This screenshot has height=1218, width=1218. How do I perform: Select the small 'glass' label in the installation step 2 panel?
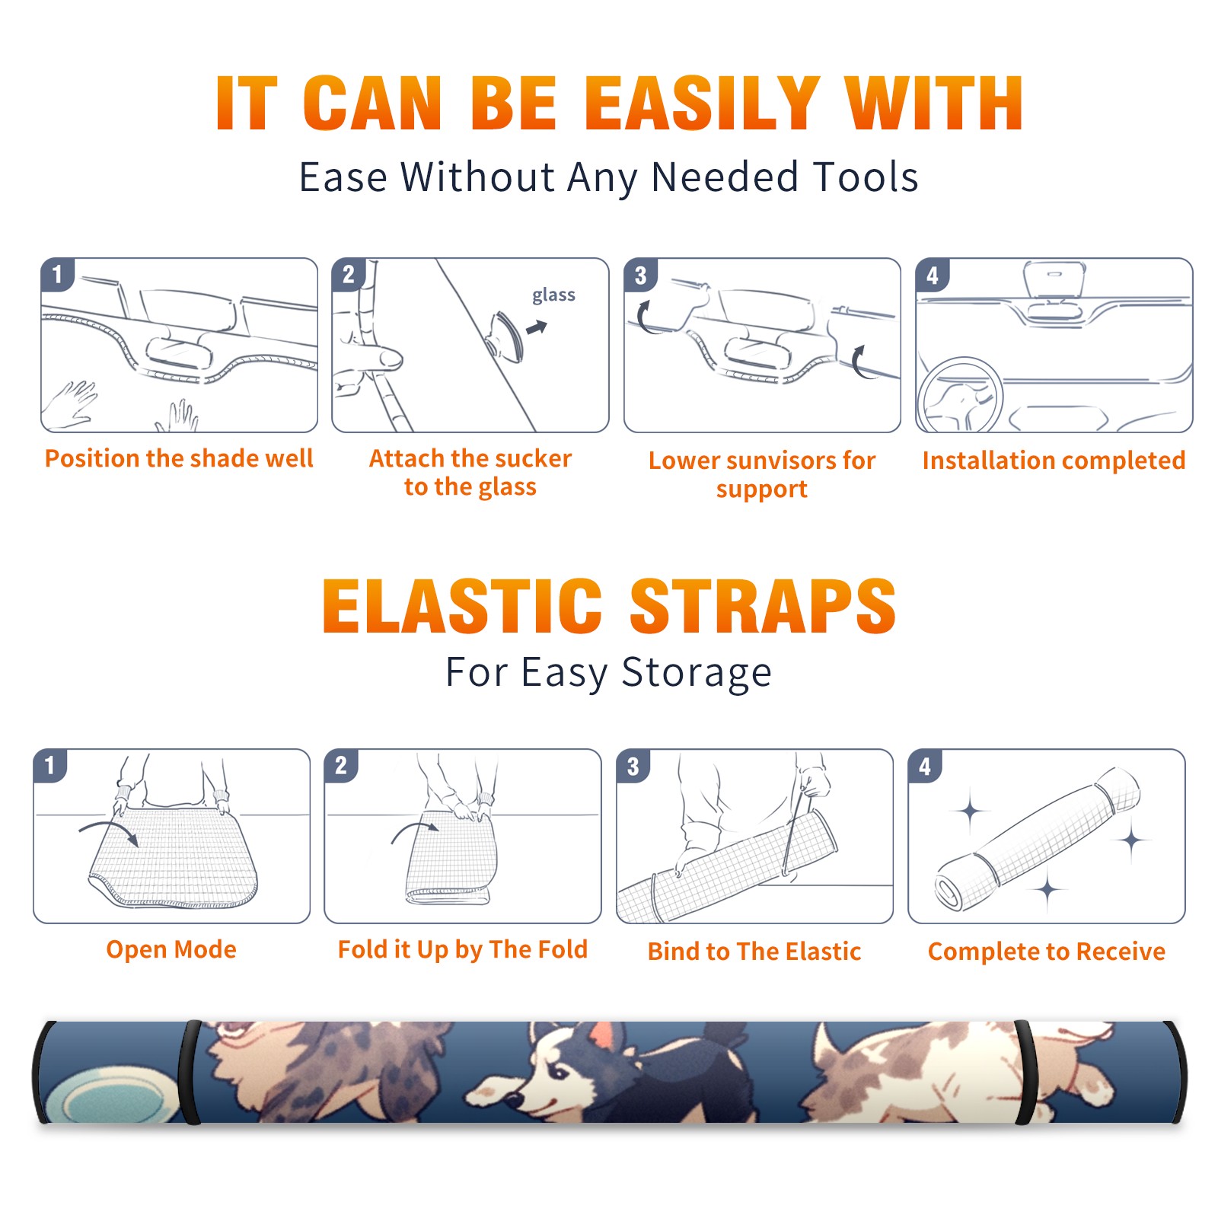pos(553,295)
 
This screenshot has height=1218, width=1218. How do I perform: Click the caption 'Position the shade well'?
pos(179,458)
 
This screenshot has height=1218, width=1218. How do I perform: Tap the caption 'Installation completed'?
pos(1054,461)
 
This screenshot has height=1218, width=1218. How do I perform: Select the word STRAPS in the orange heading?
pos(763,606)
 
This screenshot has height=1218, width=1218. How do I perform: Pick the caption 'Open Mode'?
pos(171,949)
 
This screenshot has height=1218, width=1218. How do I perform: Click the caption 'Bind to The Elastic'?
pos(754,952)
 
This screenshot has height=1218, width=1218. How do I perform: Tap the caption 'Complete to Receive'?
pos(1047,952)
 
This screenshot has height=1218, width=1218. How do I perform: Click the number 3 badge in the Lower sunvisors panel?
pos(640,276)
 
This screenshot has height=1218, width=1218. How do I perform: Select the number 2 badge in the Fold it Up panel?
pos(341,766)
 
